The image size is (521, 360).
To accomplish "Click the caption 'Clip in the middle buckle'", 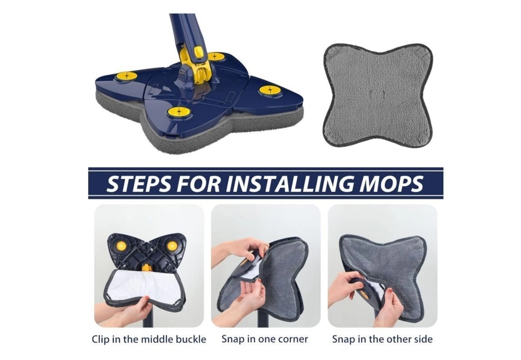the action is point(149,340).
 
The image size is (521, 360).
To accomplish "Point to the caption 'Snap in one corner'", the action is point(265,339).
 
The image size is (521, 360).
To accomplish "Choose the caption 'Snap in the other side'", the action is point(382,339).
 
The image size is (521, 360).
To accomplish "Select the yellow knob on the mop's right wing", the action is point(270,90).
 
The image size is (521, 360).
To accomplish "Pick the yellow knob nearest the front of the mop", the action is point(179,112).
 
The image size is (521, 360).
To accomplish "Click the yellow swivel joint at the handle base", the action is point(196,68).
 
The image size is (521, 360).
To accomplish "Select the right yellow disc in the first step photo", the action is point(172,246).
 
